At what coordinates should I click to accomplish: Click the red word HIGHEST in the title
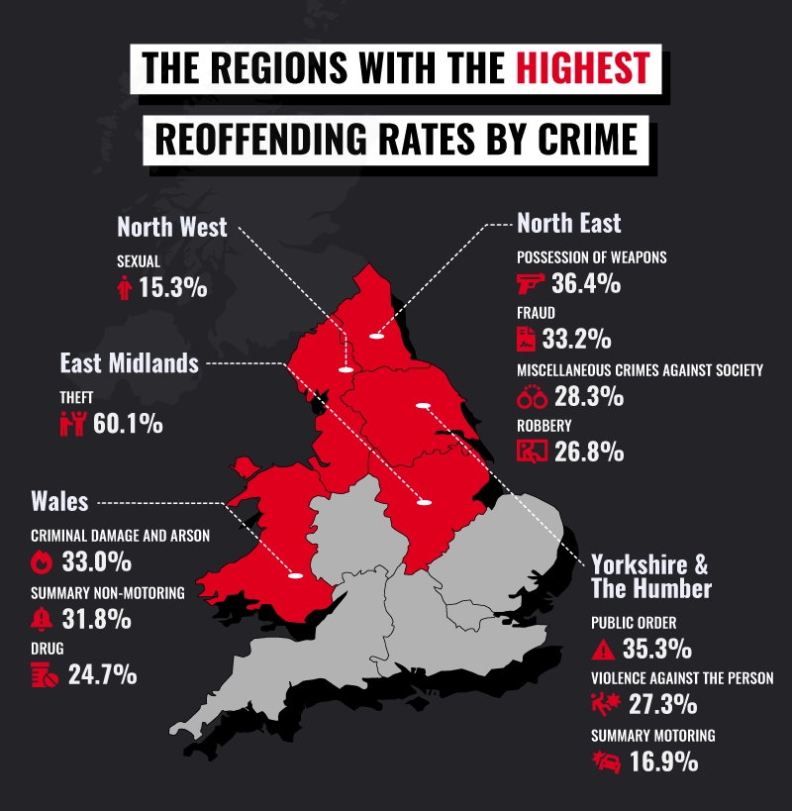[582, 67]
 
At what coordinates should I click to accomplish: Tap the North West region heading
[172, 227]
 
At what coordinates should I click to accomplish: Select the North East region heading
[569, 223]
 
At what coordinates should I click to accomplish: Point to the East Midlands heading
[129, 363]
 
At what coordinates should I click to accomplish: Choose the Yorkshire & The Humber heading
[650, 576]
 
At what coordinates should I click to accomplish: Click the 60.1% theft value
[128, 424]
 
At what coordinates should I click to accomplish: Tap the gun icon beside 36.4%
[532, 285]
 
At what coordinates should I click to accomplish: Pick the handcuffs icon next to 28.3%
[532, 397]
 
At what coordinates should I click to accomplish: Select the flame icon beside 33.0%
[42, 562]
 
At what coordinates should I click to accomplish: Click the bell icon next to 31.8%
[42, 620]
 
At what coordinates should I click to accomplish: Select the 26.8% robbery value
[589, 453]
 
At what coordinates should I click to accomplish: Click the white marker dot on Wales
[294, 575]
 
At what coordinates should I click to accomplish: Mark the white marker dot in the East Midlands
[425, 503]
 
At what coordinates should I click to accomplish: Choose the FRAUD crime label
[536, 313]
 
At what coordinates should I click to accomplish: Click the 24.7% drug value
[102, 677]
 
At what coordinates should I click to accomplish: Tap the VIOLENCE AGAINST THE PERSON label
[681, 679]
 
